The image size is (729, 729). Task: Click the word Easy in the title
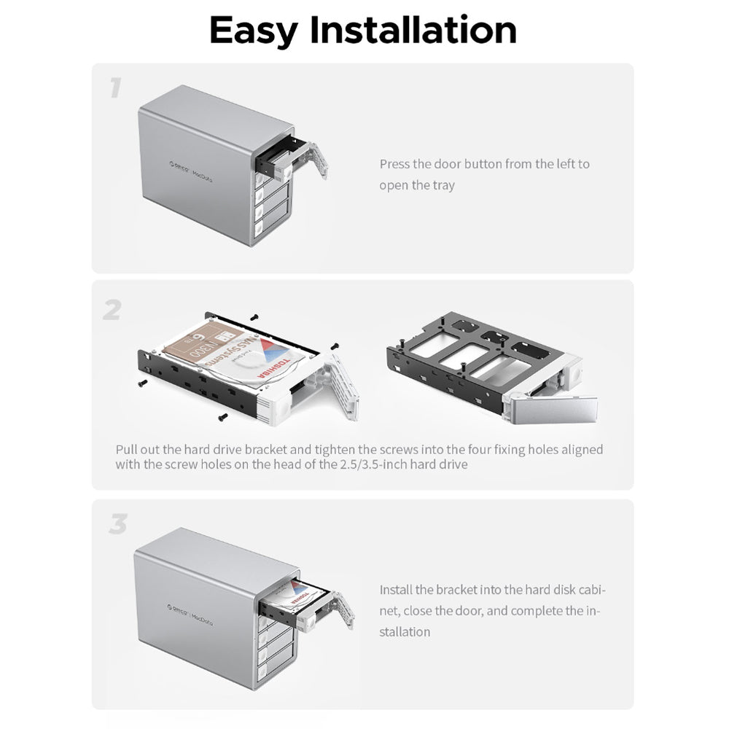click(x=253, y=30)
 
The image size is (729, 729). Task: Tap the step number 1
click(x=114, y=88)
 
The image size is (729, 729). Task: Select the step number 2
click(x=112, y=311)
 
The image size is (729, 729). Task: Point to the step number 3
click(x=117, y=524)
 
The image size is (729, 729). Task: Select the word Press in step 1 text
click(x=394, y=164)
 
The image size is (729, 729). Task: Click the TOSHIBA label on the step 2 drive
click(x=276, y=362)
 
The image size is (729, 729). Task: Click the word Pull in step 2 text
click(x=128, y=449)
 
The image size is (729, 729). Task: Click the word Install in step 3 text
click(x=396, y=590)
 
